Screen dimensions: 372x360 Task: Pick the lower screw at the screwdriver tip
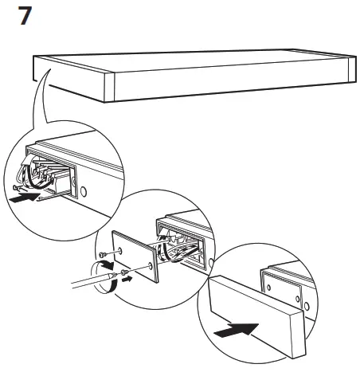point(119,276)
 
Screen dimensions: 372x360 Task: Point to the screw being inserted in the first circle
point(20,188)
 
